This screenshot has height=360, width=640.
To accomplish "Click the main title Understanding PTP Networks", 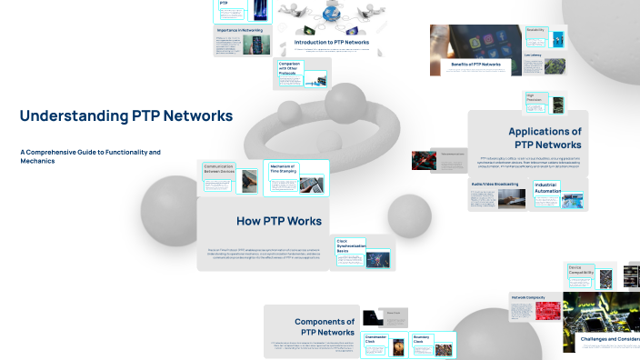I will [125, 116].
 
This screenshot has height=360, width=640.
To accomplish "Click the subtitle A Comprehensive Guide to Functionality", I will [90, 156].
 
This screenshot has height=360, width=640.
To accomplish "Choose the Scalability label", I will [535, 29].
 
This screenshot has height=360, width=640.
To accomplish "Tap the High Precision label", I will [535, 98].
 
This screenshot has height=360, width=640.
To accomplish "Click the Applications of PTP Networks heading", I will [545, 138].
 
